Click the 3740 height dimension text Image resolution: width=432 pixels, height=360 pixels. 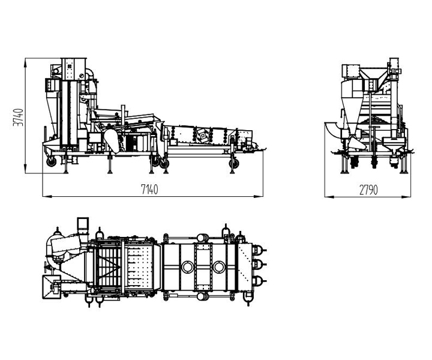(x=18, y=118)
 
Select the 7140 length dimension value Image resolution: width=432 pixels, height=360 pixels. (x=149, y=190)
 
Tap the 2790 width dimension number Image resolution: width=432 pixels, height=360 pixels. (x=368, y=190)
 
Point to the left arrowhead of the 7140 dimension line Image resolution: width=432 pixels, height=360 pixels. (x=47, y=196)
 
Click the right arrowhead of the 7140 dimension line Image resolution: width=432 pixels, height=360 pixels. (x=258, y=196)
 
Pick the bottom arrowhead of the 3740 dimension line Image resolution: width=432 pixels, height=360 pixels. (x=25, y=169)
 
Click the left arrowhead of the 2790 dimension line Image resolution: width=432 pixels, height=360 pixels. (x=329, y=197)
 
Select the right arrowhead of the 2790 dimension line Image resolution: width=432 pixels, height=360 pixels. (x=406, y=197)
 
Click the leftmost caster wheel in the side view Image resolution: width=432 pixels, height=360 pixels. (x=51, y=161)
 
